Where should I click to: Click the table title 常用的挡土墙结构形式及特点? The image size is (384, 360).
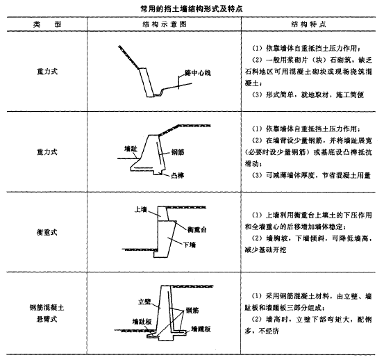[x=192, y=9]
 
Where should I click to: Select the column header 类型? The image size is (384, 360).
[x=47, y=24]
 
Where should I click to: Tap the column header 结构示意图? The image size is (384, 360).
[x=165, y=24]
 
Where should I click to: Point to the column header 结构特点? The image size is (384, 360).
[x=308, y=24]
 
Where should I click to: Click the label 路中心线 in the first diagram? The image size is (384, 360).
[x=198, y=73]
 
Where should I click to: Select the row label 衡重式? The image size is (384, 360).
[x=47, y=232]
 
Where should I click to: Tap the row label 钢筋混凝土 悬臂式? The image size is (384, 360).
[x=47, y=313]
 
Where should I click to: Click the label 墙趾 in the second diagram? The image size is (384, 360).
[x=131, y=149]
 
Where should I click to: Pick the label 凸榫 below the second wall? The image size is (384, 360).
[x=178, y=175]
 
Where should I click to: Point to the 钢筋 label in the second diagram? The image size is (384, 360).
[x=178, y=152]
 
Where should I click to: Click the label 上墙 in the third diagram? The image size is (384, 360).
[x=141, y=209]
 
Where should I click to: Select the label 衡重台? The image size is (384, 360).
[x=197, y=229]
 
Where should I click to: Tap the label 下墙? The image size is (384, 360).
[x=190, y=245]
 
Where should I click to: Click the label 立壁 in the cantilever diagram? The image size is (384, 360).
[x=144, y=302]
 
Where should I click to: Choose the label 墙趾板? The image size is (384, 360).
[x=142, y=322]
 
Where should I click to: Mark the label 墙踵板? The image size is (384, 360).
[x=201, y=329]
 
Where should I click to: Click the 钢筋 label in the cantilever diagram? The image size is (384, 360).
[x=192, y=311]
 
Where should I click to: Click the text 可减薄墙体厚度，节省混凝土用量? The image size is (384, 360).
[x=318, y=175]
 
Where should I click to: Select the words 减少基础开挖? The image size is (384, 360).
[x=265, y=249]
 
